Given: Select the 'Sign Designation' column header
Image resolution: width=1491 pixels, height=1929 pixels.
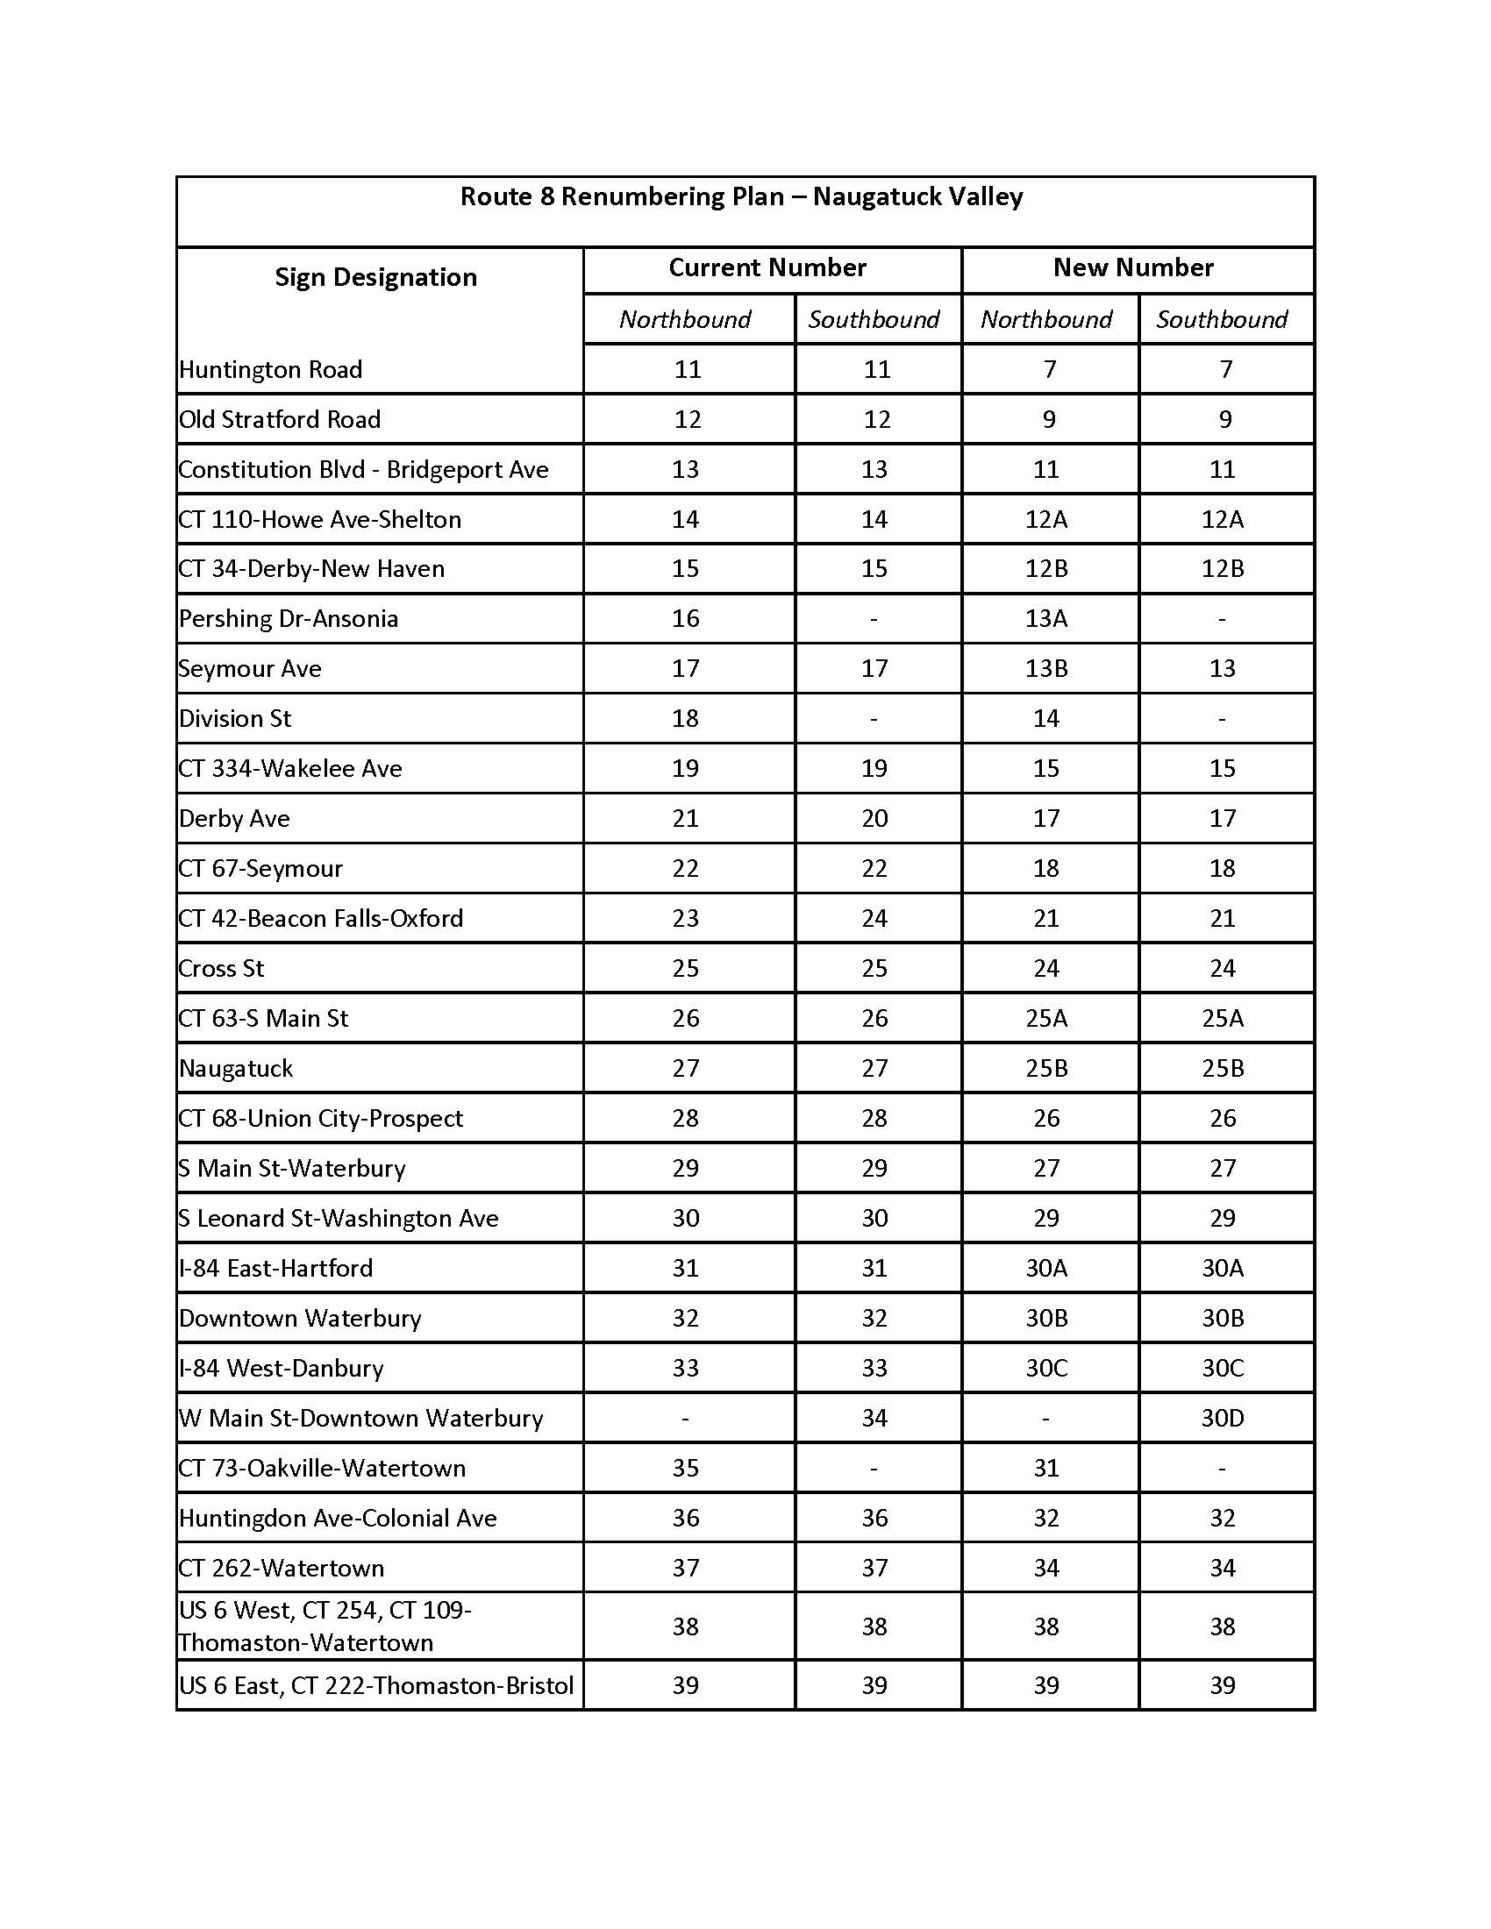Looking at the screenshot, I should pyautogui.click(x=375, y=277).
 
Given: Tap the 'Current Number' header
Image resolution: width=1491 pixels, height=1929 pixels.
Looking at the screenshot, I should pyautogui.click(x=767, y=267).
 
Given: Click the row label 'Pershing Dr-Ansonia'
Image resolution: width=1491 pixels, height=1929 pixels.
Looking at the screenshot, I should pyautogui.click(x=288, y=618).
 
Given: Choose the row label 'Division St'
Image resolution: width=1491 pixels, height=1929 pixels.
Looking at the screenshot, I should pyautogui.click(x=235, y=718).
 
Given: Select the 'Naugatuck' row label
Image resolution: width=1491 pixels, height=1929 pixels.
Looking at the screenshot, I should pyautogui.click(x=236, y=1068).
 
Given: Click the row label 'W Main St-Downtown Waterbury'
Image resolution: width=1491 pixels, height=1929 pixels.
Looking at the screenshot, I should pyautogui.click(x=360, y=1418).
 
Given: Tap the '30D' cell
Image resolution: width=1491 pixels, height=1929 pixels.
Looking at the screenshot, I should pyautogui.click(x=1222, y=1418).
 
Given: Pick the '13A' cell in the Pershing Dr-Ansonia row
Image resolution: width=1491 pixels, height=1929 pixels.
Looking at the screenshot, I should pyautogui.click(x=1045, y=618).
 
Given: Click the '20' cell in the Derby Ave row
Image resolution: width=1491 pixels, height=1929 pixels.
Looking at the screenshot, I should pyautogui.click(x=874, y=818).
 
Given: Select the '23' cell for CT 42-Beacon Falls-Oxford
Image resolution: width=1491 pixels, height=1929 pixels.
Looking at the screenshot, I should pyautogui.click(x=686, y=919).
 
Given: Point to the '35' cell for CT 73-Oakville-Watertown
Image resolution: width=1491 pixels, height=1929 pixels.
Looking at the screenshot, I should pyautogui.click(x=686, y=1468).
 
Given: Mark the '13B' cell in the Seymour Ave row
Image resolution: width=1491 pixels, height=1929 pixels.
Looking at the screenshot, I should pyautogui.click(x=1045, y=669).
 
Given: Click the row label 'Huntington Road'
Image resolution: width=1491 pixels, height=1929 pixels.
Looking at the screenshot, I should pyautogui.click(x=270, y=369).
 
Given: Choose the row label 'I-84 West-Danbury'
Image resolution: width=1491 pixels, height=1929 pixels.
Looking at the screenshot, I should pyautogui.click(x=281, y=1368).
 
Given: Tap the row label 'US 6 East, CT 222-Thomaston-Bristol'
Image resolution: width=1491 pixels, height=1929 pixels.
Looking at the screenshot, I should pyautogui.click(x=376, y=1685).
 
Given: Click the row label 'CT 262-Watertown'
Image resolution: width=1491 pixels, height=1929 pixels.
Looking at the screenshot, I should pyautogui.click(x=281, y=1568).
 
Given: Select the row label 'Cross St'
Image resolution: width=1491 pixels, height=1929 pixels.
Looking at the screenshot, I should pyautogui.click(x=221, y=968).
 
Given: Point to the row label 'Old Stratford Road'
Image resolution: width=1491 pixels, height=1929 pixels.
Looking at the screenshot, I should pyautogui.click(x=279, y=418).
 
